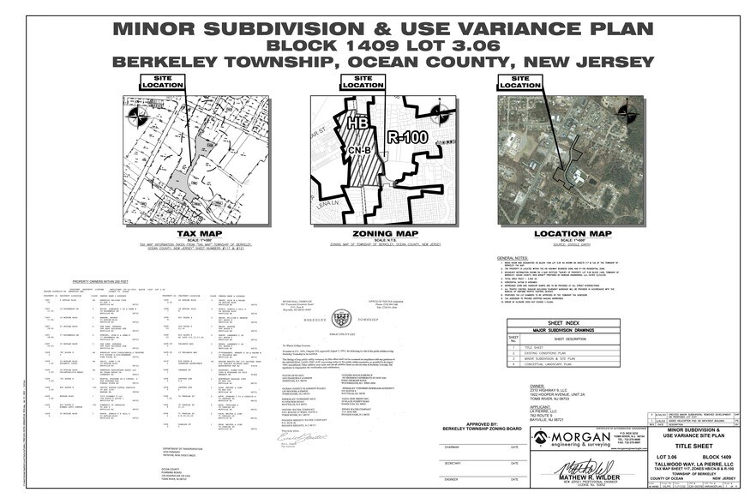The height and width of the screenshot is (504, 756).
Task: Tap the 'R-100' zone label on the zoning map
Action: (x=407, y=135)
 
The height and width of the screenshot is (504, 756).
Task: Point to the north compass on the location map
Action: (x=627, y=111)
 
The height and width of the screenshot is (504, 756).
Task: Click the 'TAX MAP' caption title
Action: (x=195, y=233)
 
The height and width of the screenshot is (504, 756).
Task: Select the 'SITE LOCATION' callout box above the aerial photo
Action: (x=519, y=82)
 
